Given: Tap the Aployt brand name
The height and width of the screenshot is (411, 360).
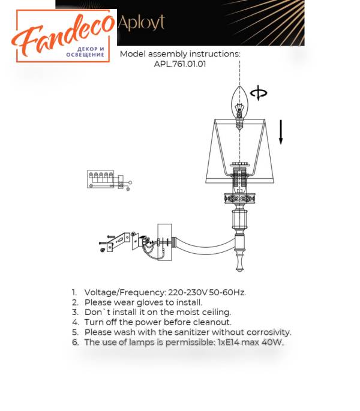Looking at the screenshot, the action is coord(142,23).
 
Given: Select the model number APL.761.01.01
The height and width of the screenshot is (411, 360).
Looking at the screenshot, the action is coord(180,64).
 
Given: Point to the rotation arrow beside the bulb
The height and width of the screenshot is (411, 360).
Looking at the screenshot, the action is coord(259,93).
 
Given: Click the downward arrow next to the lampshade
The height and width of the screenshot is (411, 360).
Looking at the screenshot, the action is coord(281,132).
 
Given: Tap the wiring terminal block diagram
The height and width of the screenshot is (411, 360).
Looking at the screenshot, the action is coord(109,180).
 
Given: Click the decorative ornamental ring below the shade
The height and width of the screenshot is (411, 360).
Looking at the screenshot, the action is coord(239,199).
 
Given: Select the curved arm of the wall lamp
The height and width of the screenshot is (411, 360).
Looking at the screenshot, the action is coord(205,247).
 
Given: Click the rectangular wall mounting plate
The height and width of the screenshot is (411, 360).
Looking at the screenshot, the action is coord(164,242).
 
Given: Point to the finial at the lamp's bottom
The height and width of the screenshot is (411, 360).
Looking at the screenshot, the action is coord(239,263).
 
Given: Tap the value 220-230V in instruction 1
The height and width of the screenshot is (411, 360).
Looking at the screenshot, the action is coord(187,292).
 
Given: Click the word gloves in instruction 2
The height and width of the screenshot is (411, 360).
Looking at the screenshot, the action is coord(150,303).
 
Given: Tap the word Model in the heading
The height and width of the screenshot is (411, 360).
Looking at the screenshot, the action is coord(133,54).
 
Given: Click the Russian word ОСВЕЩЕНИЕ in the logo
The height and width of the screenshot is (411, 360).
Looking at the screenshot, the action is coord(85,55).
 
